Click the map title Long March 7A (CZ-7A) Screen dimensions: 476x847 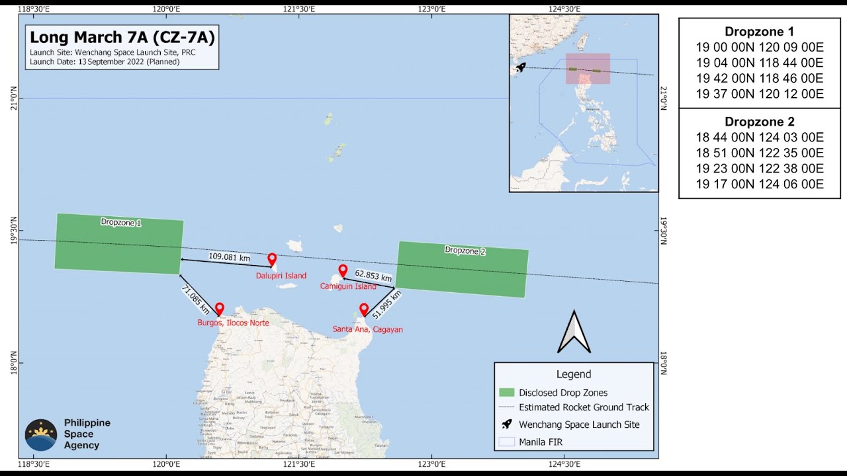[122, 38]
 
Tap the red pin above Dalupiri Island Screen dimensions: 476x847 [272, 259]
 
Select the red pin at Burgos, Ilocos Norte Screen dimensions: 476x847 [220, 309]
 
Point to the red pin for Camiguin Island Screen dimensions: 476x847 [343, 270]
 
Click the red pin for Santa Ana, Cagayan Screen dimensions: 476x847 [363, 309]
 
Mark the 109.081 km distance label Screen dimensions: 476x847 [230, 257]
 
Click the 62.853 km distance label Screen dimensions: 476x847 [373, 277]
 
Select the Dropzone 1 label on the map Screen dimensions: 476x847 [120, 223]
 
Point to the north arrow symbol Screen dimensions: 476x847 [574, 332]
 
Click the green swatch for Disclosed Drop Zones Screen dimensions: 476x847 [506, 393]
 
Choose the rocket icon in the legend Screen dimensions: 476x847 [507, 424]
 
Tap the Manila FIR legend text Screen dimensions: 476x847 [541, 442]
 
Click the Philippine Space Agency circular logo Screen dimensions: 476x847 [41, 435]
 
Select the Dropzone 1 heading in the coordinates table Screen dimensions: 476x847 [759, 32]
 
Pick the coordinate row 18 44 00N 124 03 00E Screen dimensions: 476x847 [759, 138]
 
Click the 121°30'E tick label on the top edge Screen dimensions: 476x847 [299, 9]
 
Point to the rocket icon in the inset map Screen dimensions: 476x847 [521, 67]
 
